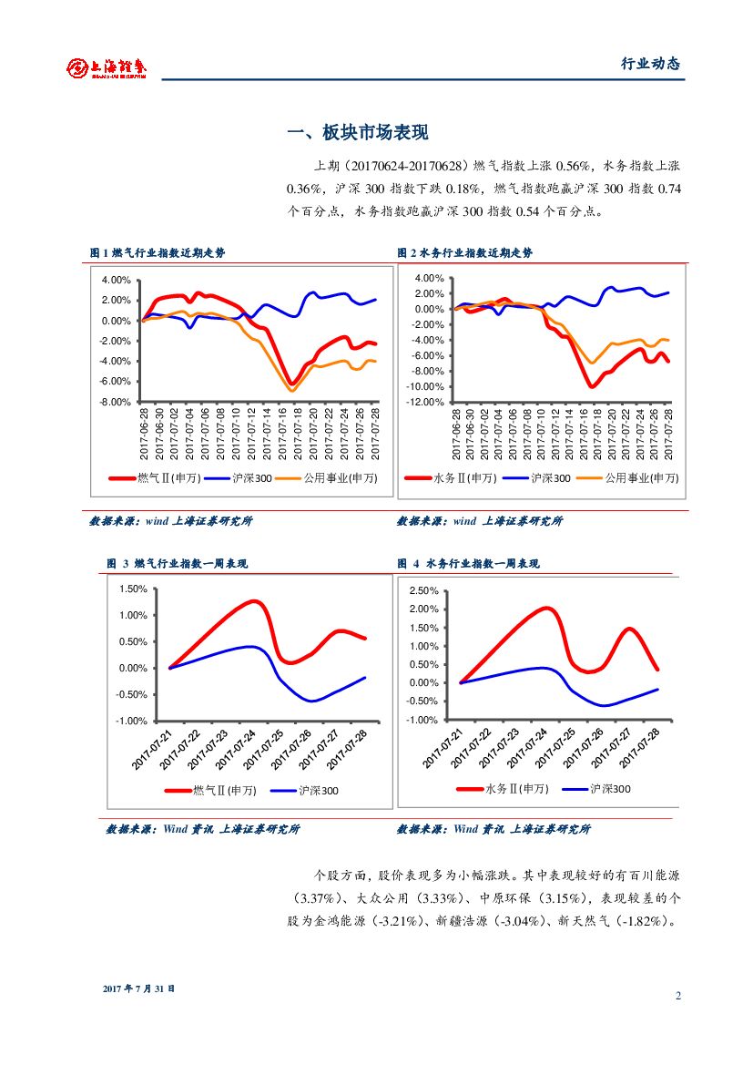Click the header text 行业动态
[650, 64]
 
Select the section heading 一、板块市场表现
[357, 133]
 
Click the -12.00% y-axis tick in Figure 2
[423, 402]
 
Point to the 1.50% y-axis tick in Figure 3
[133, 589]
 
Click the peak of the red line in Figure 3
[253, 601]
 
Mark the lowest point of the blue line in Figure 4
[604, 705]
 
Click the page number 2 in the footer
[678, 995]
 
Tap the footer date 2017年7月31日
[138, 988]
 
